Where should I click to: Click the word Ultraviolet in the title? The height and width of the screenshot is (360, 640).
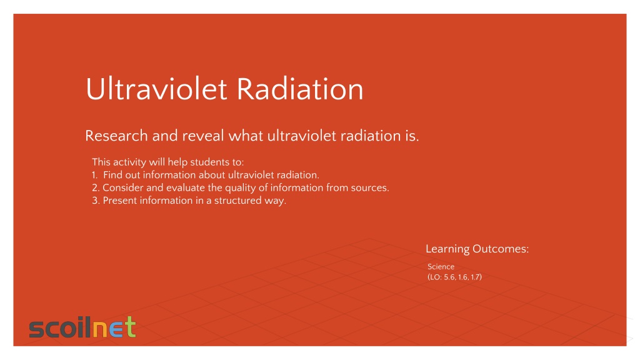156,89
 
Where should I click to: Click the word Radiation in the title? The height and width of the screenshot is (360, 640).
300,89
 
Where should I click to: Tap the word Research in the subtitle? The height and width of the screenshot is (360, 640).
116,136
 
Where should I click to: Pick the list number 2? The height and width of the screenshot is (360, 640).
96,187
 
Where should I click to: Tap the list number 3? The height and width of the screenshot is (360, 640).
96,201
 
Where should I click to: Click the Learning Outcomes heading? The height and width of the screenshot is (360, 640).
477,249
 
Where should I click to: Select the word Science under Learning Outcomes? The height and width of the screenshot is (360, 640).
441,266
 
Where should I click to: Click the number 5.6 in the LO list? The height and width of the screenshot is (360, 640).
449,277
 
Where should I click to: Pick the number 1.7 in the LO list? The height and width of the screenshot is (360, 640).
475,277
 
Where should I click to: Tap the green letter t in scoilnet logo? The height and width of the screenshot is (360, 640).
130,326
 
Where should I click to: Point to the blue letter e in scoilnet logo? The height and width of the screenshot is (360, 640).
116,329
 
